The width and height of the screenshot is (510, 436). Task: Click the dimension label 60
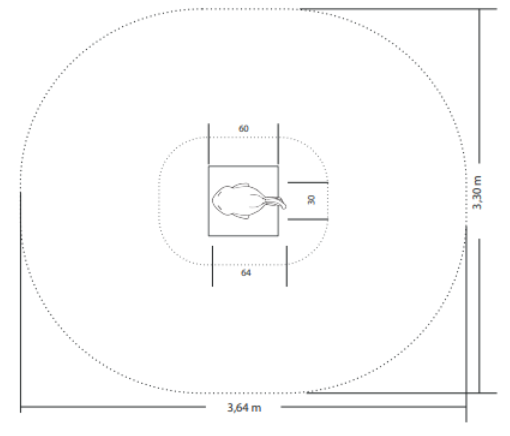(x=244, y=128)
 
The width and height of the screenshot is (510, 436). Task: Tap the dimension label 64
(x=246, y=273)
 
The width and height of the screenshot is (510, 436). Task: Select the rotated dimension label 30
(x=311, y=200)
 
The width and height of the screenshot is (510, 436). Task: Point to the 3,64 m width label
(x=244, y=408)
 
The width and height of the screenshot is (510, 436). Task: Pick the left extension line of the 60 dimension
(x=209, y=144)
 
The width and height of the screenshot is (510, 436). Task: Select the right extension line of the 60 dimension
(x=278, y=144)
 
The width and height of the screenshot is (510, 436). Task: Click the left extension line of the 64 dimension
(x=213, y=266)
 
